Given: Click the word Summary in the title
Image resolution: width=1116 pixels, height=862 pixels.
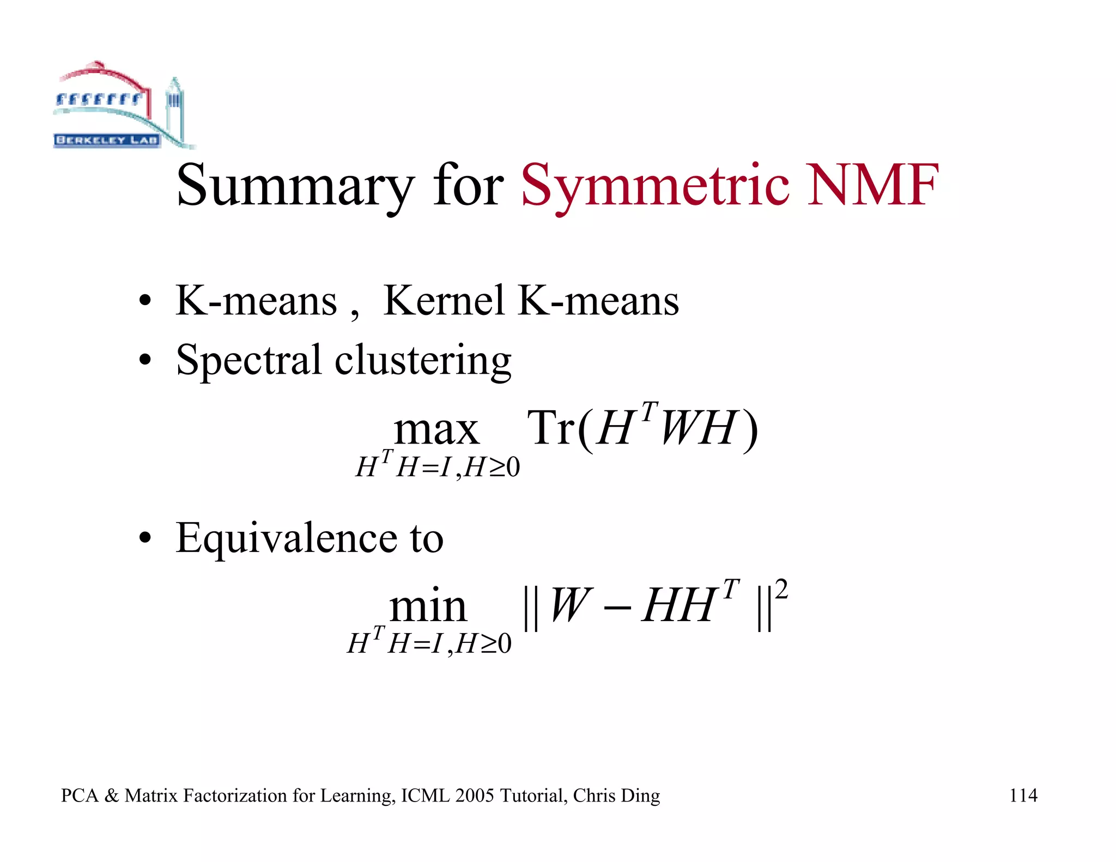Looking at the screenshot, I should click(x=295, y=186).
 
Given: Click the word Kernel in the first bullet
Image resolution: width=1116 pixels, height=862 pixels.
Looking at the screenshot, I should click(x=444, y=301).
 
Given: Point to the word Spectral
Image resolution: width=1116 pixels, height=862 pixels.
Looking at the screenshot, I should click(x=248, y=361).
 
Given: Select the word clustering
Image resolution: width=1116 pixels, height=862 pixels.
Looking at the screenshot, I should click(x=423, y=361).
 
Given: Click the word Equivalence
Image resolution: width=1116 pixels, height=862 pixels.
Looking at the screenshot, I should click(x=286, y=538).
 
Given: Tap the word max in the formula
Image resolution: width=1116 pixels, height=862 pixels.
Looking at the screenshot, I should click(x=436, y=430).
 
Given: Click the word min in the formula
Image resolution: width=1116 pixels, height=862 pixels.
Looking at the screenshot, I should click(x=428, y=607).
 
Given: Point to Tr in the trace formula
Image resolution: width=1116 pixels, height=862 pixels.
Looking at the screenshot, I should click(x=551, y=428).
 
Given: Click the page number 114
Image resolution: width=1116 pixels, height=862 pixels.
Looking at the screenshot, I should click(x=1023, y=796).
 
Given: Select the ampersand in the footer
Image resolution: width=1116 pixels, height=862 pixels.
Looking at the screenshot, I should click(x=111, y=796).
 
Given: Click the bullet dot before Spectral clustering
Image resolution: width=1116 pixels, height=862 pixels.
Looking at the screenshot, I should click(x=144, y=360).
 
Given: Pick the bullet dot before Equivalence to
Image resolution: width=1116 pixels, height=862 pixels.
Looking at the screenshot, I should click(x=144, y=538).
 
